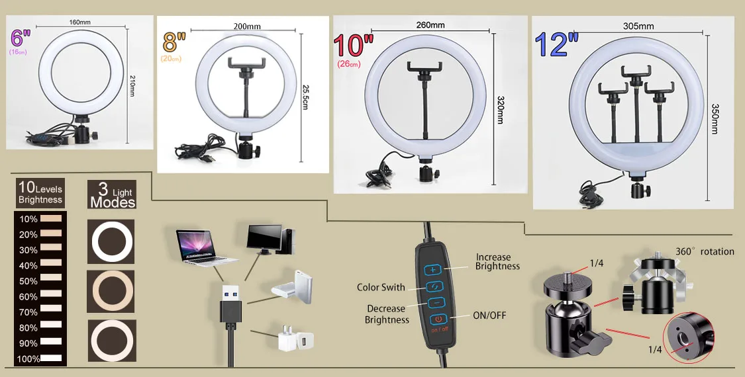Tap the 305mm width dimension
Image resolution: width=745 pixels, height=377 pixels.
coord(638,26)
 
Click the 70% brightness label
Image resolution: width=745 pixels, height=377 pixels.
coord(28,312)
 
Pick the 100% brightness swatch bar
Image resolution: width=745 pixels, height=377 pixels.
coord(51,358)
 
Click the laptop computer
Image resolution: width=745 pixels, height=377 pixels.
coord(206,246)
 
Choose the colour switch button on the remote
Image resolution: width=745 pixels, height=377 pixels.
coord(434,286)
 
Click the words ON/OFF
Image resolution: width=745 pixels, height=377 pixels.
coord(489,315)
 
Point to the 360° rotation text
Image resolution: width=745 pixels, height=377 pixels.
coord(705,251)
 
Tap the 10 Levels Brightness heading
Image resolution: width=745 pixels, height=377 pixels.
coord(40,193)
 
